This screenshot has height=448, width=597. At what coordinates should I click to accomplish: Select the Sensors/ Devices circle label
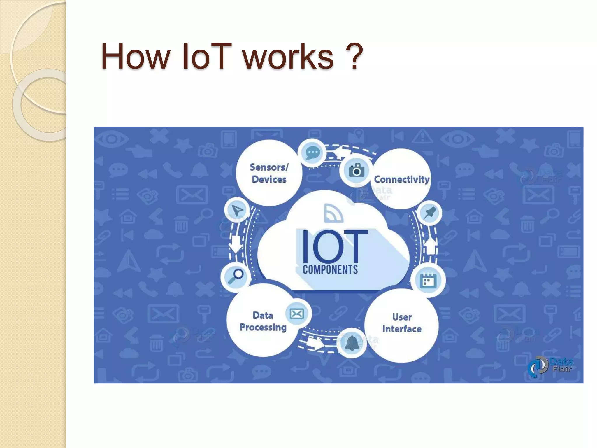click(269, 173)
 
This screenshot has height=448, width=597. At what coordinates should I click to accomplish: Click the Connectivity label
click(402, 179)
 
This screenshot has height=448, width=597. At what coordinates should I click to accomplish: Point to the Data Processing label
click(263, 321)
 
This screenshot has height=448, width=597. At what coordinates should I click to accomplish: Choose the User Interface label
click(402, 323)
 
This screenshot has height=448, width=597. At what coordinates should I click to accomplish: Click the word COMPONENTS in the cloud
click(330, 269)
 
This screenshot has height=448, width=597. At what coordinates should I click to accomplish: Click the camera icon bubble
click(356, 170)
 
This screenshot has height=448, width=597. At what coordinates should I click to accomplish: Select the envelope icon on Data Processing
click(297, 314)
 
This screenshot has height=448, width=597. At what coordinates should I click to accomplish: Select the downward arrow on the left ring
click(236, 244)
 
